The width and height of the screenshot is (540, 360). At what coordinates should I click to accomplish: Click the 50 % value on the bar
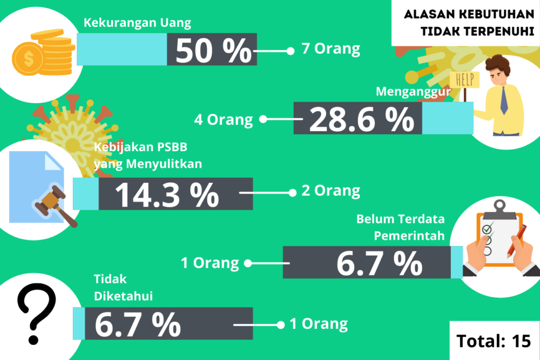(x=214, y=50)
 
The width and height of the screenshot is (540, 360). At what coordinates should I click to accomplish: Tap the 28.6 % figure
(x=361, y=119)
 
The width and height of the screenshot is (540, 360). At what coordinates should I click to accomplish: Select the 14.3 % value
(x=167, y=195)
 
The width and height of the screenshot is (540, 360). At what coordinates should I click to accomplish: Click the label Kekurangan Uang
(x=137, y=23)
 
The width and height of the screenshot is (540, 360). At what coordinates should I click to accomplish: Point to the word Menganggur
(x=413, y=92)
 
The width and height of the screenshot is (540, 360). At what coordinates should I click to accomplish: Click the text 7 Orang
(x=331, y=48)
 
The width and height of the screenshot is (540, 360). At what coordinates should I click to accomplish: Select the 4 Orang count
(x=223, y=120)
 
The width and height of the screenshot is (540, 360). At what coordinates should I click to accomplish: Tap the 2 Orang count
(x=331, y=191)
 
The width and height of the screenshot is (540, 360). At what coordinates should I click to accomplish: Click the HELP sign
(x=465, y=80)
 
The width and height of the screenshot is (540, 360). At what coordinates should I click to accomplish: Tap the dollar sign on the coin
(x=29, y=59)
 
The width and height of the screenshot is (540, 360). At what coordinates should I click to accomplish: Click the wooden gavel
(x=55, y=206)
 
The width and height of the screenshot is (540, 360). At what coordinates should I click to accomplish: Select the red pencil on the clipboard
(x=517, y=241)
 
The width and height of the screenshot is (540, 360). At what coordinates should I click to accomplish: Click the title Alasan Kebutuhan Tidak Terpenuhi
(x=469, y=23)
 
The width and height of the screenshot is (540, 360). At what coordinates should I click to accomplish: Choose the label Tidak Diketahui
(x=123, y=287)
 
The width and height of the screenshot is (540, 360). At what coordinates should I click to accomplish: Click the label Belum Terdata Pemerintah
(x=400, y=227)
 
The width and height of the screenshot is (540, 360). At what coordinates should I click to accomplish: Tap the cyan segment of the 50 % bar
(x=122, y=49)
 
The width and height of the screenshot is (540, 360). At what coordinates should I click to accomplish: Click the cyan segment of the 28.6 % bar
(x=448, y=118)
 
